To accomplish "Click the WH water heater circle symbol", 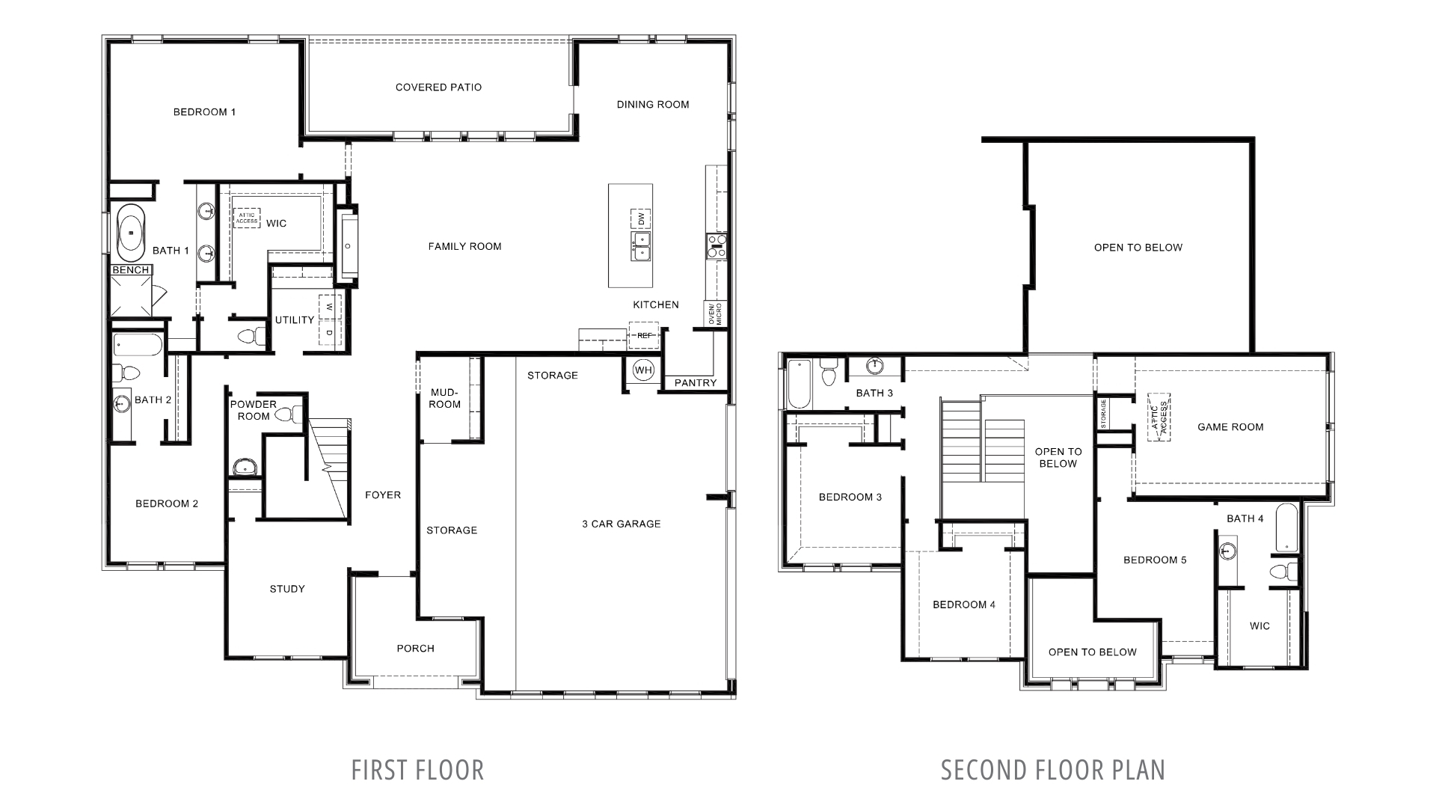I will [x=643, y=370].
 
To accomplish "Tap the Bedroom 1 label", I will [x=204, y=112].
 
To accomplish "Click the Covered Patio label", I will [x=438, y=88].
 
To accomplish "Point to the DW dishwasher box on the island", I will [x=641, y=218].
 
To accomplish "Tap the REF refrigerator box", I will [x=644, y=335].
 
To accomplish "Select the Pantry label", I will [x=696, y=383].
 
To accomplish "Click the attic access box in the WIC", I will [x=247, y=218].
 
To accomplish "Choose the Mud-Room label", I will [x=446, y=398].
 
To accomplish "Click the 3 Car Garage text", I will [x=621, y=524].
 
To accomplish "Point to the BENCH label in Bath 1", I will [x=131, y=270].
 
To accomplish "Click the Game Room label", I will [x=1230, y=427].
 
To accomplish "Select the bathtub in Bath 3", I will [x=799, y=384].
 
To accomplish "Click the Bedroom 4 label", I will [x=963, y=605].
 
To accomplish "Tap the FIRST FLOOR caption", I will [x=417, y=770].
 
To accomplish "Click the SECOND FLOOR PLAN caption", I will [x=1052, y=770].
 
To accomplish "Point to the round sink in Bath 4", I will [x=1227, y=552].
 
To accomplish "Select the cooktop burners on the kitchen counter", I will [x=716, y=246].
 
